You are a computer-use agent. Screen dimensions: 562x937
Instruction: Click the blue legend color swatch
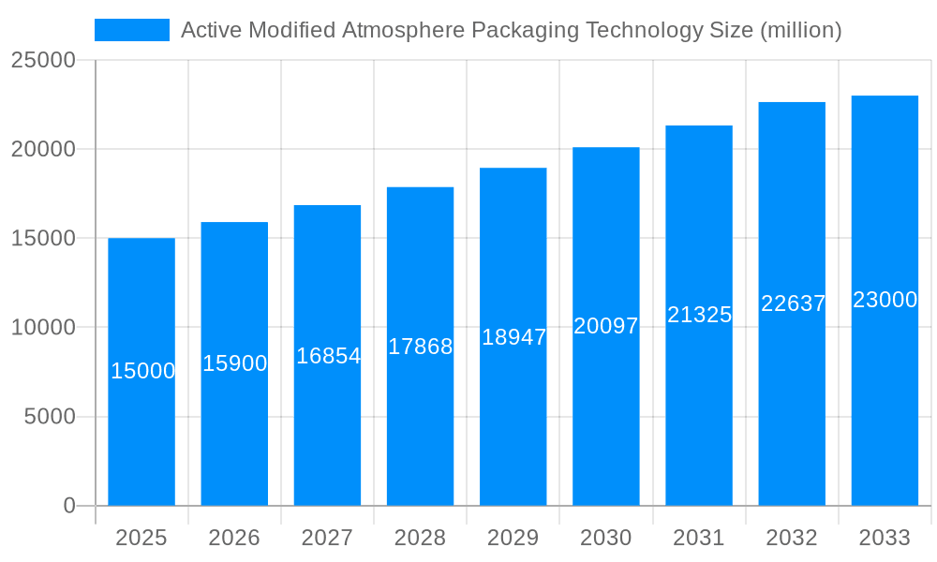tap(131, 30)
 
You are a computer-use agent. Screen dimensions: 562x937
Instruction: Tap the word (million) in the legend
tap(800, 30)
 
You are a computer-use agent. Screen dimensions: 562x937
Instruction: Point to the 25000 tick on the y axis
tap(43, 60)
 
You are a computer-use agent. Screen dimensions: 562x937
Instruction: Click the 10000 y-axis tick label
tap(43, 328)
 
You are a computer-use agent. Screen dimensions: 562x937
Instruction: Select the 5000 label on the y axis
tap(50, 417)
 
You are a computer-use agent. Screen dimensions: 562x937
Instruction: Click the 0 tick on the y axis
tap(69, 506)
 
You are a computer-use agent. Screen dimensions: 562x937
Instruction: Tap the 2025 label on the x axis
tap(141, 538)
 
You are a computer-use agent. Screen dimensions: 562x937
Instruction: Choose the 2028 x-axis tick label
tap(420, 538)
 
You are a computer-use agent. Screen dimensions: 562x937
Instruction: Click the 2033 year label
tap(885, 538)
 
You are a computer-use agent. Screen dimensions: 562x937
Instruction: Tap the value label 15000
tap(142, 371)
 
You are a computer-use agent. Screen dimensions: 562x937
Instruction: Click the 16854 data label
tap(328, 356)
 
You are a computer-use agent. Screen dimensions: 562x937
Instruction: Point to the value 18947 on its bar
tap(513, 337)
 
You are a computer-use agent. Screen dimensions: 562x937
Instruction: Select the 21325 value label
tap(699, 315)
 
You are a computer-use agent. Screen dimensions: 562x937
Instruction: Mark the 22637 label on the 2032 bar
tap(793, 303)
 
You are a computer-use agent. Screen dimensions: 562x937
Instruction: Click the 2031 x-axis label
tap(699, 538)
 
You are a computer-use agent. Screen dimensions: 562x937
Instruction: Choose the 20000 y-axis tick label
tap(43, 149)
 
